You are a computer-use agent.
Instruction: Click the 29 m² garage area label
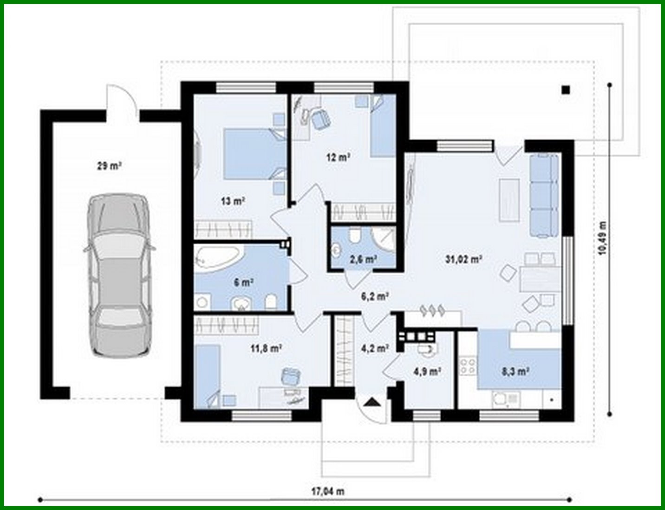click(109, 165)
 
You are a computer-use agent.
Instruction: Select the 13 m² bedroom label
click(233, 201)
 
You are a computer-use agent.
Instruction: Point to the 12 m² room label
click(338, 157)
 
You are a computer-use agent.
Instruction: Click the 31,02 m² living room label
click(463, 259)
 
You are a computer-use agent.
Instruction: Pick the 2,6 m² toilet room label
click(363, 259)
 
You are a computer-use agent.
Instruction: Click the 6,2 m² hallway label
click(375, 295)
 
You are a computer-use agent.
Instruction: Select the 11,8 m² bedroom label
click(267, 348)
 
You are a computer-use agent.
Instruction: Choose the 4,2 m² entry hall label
click(374, 348)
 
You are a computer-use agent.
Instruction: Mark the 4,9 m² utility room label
click(427, 371)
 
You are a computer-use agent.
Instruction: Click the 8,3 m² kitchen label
click(515, 371)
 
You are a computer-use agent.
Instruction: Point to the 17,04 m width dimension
click(327, 491)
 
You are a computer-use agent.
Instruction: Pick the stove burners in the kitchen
click(468, 366)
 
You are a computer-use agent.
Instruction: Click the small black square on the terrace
click(565, 90)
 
